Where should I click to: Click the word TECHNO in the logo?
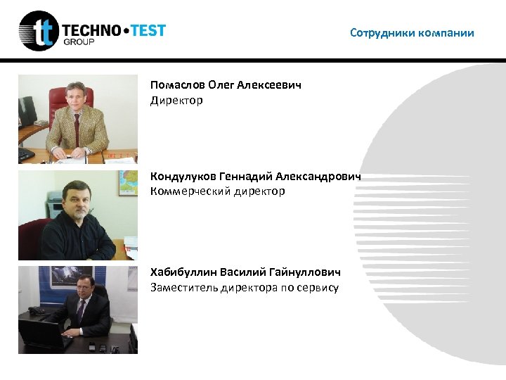92,30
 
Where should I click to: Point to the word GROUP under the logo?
78,42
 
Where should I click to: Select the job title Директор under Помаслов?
176,101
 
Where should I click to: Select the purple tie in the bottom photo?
81,309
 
